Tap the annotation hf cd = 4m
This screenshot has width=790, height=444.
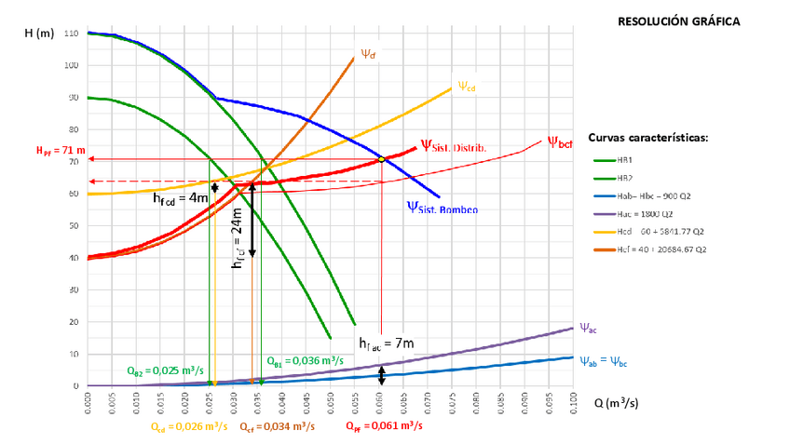click(x=180, y=197)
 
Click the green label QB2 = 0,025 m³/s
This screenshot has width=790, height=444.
click(x=165, y=370)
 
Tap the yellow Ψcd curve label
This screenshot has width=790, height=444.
click(x=466, y=87)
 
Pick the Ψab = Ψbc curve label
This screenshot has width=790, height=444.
click(x=605, y=361)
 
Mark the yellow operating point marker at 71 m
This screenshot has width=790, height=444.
click(x=381, y=159)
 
